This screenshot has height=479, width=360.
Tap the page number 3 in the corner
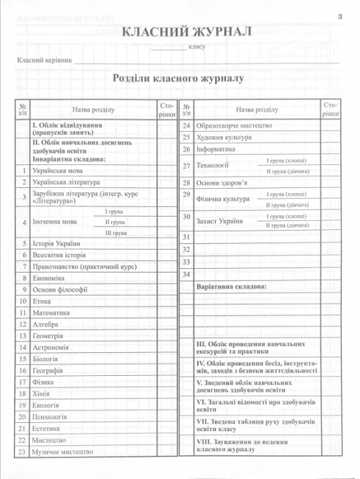340,16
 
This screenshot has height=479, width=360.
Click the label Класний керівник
44,60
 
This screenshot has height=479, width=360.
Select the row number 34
186,274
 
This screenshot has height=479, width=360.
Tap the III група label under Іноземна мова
114,232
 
